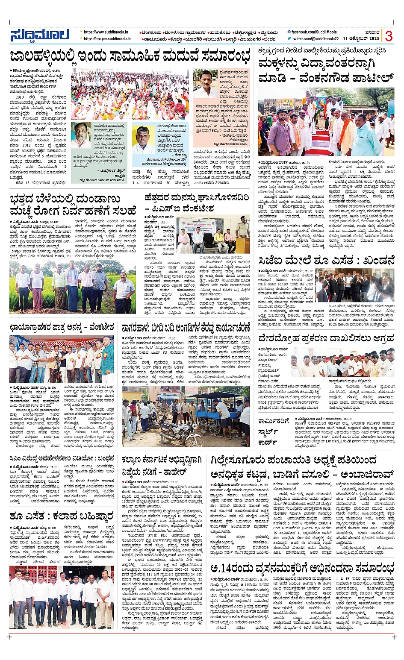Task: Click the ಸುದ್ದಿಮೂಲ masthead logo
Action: [40, 35]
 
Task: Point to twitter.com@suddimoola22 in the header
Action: [315, 39]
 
